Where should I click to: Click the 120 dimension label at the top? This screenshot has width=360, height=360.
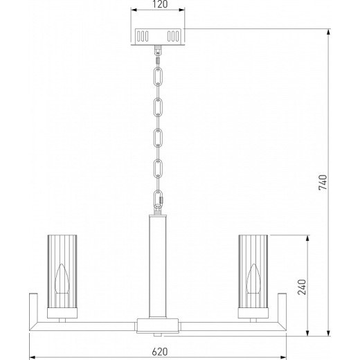[x=160, y=4]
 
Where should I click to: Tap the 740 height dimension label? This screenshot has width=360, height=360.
[x=323, y=182]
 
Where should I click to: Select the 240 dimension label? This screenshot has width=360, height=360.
[x=302, y=287]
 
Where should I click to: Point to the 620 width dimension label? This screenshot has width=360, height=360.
[x=160, y=352]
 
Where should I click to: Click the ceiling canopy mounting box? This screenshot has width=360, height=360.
[x=158, y=37]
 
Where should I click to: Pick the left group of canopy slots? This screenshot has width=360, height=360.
[x=143, y=36]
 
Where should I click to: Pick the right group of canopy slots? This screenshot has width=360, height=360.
[x=173, y=36]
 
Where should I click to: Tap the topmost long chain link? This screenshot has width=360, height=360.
[x=158, y=76]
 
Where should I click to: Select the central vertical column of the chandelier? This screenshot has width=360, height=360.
[x=158, y=267]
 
